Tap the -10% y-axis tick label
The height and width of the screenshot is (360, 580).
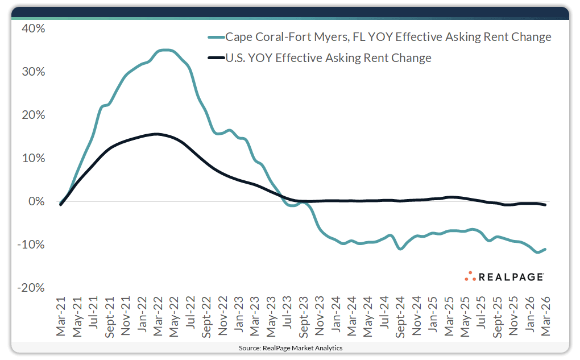pos(32,245)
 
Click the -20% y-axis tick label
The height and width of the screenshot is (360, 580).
pos(32,288)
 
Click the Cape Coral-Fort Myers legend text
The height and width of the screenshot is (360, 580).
pos(388,38)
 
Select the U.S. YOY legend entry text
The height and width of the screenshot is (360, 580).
pos(328,58)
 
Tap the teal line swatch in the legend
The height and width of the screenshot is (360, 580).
pos(216,38)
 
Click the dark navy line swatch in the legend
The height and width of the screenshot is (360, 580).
pos(216,58)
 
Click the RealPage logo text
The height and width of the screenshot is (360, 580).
pos(511,277)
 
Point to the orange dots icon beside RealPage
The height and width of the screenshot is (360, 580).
pos(469,276)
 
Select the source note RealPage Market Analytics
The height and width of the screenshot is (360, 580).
pos(290,347)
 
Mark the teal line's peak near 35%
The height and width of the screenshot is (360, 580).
pos(165,50)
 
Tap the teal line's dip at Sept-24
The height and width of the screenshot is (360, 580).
pos(400,249)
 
